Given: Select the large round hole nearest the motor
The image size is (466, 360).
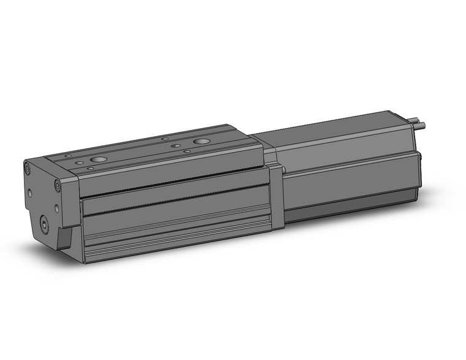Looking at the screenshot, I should [x=201, y=142].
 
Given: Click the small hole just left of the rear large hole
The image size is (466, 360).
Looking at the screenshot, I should [x=175, y=145].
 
